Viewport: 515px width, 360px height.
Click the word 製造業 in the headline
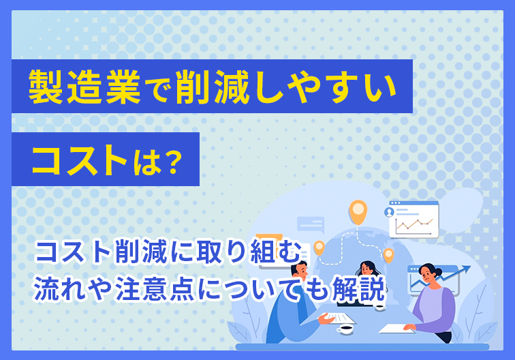[x=84, y=87]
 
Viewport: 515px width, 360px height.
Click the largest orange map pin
[x=358, y=211]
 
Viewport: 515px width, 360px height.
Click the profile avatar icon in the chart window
[x=390, y=212]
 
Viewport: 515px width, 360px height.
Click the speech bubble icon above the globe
[x=311, y=224]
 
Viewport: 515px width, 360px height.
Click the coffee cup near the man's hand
[x=345, y=328]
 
